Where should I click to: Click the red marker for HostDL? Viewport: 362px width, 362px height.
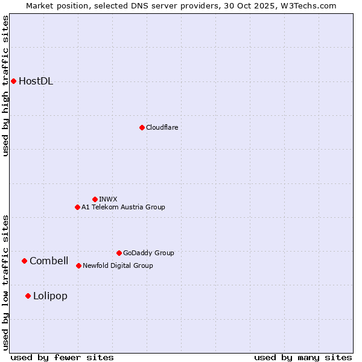pos(13,81)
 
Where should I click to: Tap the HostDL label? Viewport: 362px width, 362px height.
pos(36,81)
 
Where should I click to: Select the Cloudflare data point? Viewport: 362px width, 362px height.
pos(142,127)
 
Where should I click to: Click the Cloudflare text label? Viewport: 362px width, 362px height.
pos(162,127)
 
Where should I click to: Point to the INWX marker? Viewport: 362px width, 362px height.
pos(95,199)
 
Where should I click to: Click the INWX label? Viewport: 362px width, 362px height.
pos(108,199)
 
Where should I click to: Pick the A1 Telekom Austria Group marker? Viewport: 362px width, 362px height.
pos(77,207)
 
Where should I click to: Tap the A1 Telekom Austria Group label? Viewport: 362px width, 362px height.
pos(123,207)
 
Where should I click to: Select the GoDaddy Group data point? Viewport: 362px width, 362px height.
pos(119,253)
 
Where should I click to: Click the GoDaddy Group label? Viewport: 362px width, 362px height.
pos(148,253)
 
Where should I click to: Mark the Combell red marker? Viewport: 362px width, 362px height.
pos(24,261)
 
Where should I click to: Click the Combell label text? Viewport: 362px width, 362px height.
pos(49,261)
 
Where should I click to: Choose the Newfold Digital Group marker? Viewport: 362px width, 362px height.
pos(78,265)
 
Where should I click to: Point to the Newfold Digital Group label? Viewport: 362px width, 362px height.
pos(118,265)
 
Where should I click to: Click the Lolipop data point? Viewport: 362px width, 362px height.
pos(28,296)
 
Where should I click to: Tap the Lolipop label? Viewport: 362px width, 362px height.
pos(50,296)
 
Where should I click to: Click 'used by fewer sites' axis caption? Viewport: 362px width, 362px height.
pos(62,357)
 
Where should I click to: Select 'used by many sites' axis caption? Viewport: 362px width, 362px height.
pos(303,357)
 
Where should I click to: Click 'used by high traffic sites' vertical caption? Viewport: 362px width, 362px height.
pos(6,86)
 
